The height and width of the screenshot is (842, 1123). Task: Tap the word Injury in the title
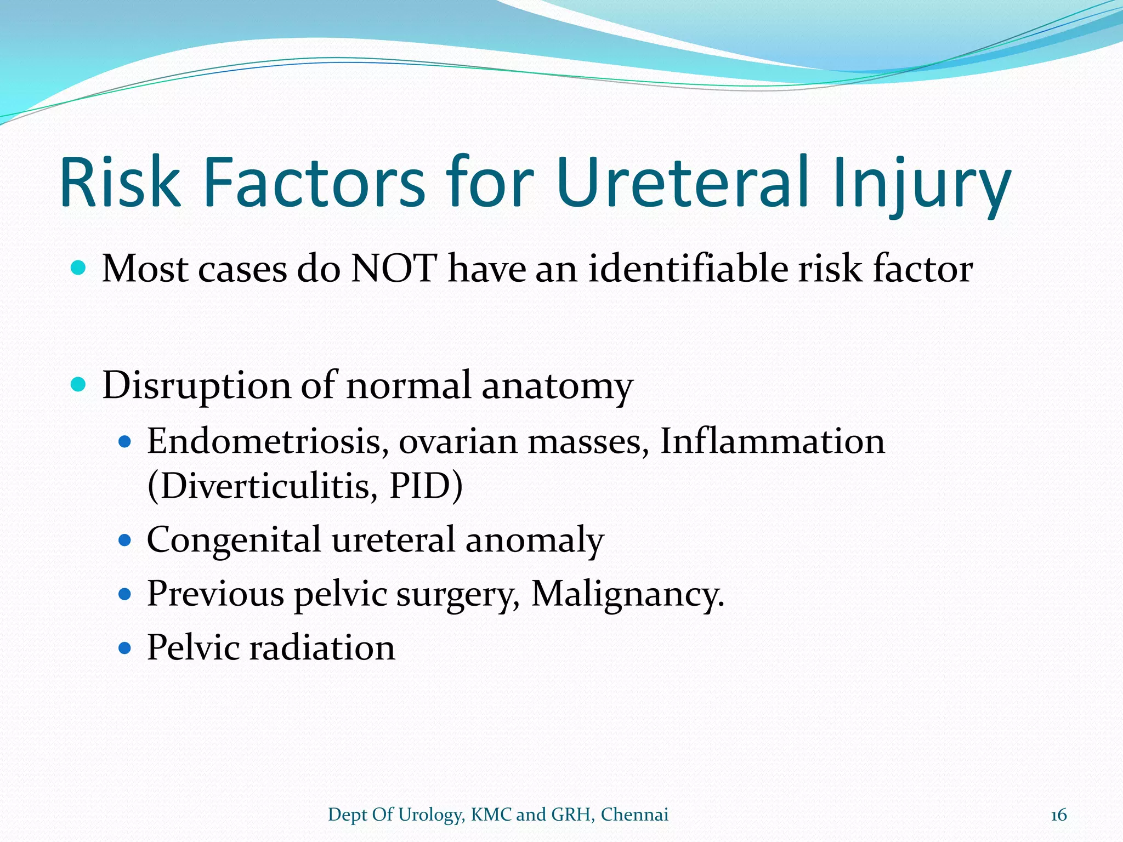[x=921, y=184]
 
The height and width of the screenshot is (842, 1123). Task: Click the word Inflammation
[x=772, y=441]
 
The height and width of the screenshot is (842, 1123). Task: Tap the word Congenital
[x=234, y=541]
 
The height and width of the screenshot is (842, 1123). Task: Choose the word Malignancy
[x=627, y=594]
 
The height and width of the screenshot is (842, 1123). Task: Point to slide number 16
[x=1058, y=815]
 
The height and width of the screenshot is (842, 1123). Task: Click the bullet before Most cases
[x=79, y=268]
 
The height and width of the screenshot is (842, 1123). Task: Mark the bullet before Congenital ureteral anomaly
[x=125, y=541]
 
